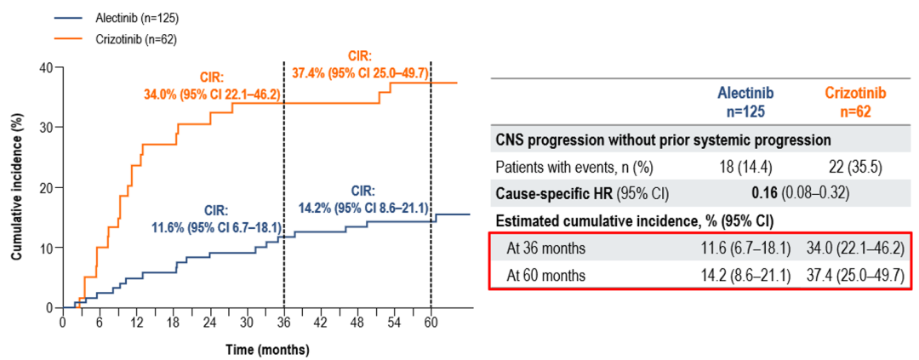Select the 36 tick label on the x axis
[x=283, y=323]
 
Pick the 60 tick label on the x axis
[x=431, y=323]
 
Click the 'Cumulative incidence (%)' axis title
[x=16, y=188]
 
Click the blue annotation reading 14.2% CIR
[x=362, y=198]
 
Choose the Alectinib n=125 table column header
[x=745, y=100]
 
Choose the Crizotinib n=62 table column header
[x=858, y=100]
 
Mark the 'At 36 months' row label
[x=545, y=248]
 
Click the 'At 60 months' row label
[x=545, y=275]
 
